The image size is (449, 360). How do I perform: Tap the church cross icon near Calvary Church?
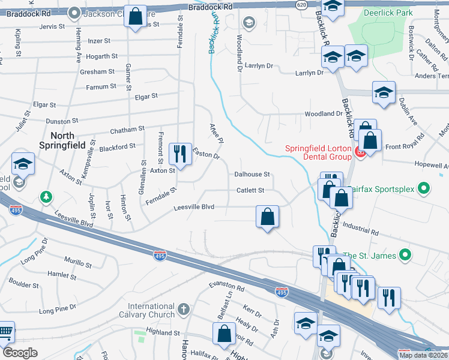(183, 310)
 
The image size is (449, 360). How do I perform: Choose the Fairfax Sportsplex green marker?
(424, 189)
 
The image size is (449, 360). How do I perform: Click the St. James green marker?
(405, 256)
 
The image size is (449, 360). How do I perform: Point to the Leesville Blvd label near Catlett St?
(193, 208)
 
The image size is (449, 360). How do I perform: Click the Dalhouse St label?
(253, 174)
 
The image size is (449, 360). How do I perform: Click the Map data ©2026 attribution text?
(423, 355)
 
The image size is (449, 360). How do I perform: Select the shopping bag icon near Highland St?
(224, 334)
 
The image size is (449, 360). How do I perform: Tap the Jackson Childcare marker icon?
(74, 11)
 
